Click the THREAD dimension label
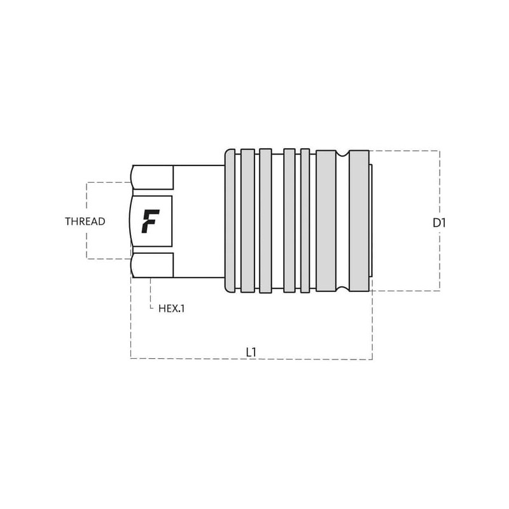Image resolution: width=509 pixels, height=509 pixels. tap(85, 221)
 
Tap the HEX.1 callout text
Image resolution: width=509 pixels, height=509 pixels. tap(171, 309)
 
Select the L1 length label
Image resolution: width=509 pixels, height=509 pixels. tap(251, 352)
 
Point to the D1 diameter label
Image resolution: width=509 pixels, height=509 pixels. tap(439, 223)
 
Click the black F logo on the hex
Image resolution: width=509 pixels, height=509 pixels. tap(150, 221)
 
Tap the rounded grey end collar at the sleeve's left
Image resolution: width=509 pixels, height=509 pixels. tap(230, 221)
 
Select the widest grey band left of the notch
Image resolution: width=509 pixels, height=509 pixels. tap(326, 221)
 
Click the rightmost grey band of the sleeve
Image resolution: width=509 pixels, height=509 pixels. tap(359, 221)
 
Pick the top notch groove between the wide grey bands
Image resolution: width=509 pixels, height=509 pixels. tap(342, 153)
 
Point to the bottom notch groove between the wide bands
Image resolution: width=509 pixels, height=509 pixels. tap(342, 289)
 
